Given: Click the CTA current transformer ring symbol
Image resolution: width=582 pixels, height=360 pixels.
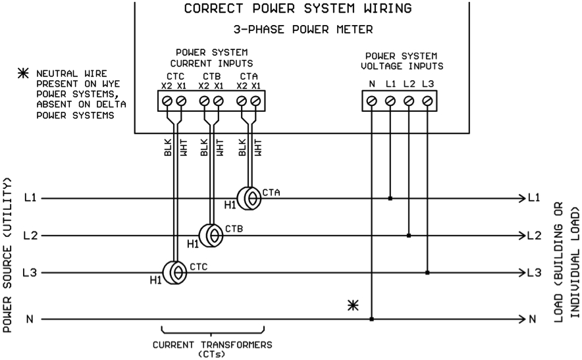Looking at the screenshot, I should pyautogui.click(x=250, y=197).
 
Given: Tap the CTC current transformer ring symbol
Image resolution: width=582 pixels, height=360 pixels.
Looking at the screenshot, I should pyautogui.click(x=175, y=272).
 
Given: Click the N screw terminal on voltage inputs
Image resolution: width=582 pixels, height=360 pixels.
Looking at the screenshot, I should pyautogui.click(x=372, y=101).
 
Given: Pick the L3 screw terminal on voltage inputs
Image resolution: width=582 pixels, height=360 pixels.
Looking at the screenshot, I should pyautogui.click(x=427, y=101).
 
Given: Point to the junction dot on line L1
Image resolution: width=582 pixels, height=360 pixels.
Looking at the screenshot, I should pyautogui.click(x=390, y=197).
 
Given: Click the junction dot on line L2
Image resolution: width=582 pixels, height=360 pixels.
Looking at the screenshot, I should pyautogui.click(x=409, y=235).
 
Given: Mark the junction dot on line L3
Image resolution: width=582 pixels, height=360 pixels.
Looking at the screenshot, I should pyautogui.click(x=427, y=272).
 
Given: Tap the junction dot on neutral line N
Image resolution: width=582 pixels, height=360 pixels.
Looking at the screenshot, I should pyautogui.click(x=372, y=319).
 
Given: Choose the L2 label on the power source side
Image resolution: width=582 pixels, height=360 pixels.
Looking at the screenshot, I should pyautogui.click(x=30, y=235).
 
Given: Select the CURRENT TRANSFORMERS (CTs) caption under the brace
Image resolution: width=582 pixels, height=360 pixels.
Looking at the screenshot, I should pyautogui.click(x=212, y=348).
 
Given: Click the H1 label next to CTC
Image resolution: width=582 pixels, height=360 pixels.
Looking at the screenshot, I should pyautogui.click(x=155, y=281).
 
